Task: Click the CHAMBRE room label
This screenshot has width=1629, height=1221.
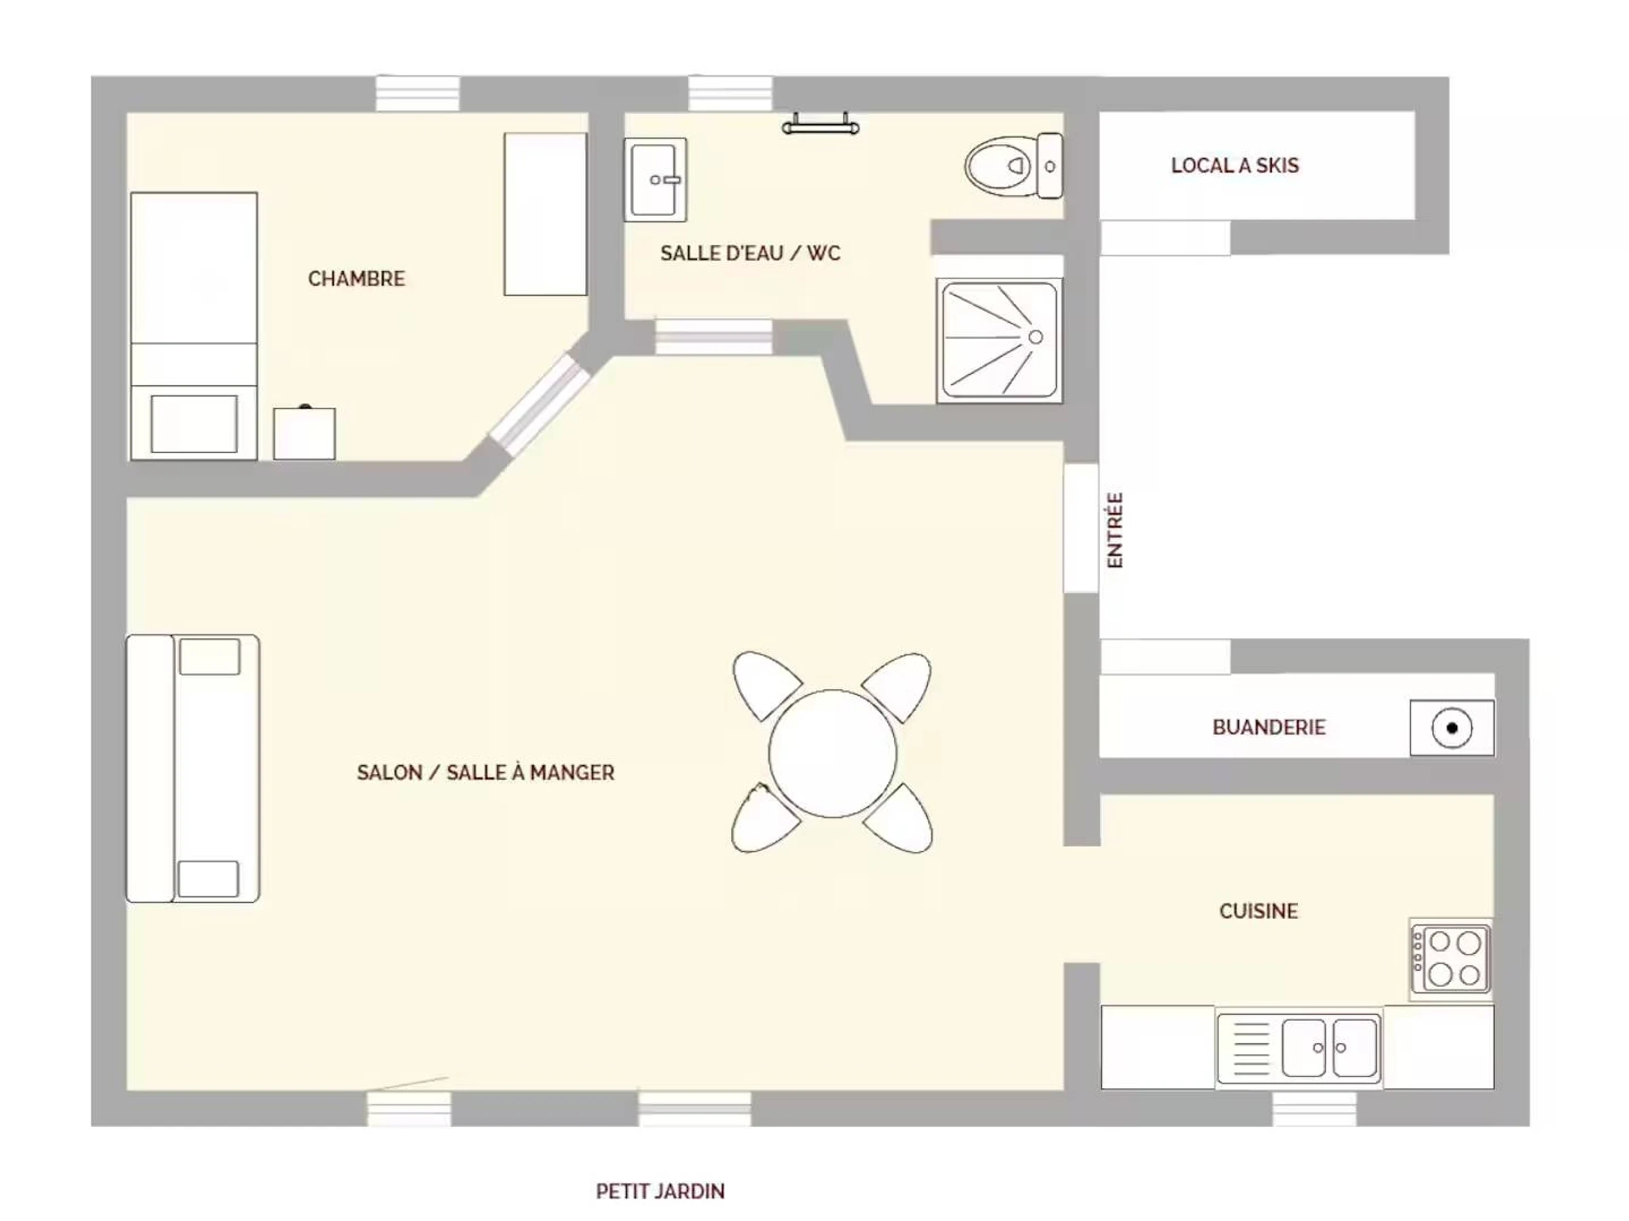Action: click(x=356, y=279)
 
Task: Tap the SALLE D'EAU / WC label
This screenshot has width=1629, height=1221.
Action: click(x=750, y=253)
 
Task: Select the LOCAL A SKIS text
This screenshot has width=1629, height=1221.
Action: click(x=1235, y=166)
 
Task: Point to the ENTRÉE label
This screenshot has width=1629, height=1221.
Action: click(x=1116, y=530)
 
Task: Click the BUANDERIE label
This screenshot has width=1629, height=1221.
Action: click(x=1269, y=727)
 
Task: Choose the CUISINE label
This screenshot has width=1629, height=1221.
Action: click(x=1258, y=911)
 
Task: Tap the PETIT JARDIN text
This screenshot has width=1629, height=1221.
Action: click(x=660, y=1192)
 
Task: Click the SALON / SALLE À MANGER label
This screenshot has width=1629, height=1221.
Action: click(x=485, y=773)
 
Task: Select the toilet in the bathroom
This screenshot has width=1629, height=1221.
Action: click(x=1013, y=166)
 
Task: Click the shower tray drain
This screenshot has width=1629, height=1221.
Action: click(x=1035, y=337)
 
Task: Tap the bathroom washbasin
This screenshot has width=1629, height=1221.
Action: click(x=656, y=180)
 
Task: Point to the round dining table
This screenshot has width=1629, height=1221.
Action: click(x=832, y=753)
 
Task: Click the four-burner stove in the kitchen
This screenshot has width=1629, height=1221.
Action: click(x=1450, y=959)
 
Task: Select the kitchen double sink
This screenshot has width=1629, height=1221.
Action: click(x=1299, y=1047)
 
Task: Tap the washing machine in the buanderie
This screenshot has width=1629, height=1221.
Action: click(x=1453, y=728)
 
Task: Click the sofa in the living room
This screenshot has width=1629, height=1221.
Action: click(x=193, y=769)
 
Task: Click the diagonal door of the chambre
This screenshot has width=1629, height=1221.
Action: click(x=540, y=402)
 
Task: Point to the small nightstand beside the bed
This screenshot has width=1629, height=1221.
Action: click(x=304, y=433)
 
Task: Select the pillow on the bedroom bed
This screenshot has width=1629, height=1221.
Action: click(x=194, y=424)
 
